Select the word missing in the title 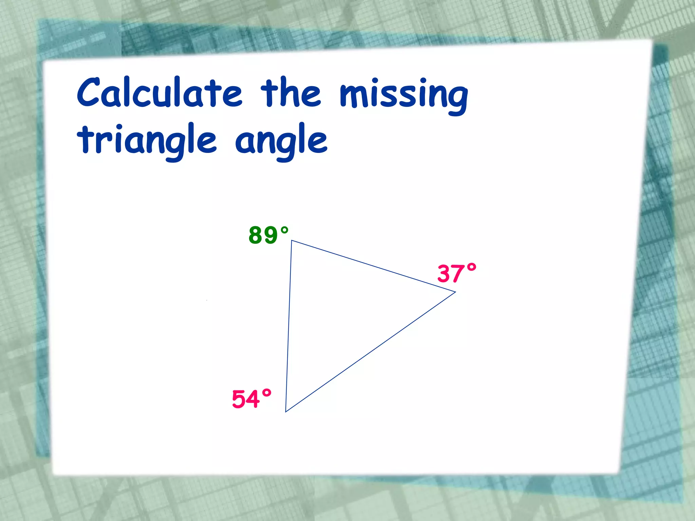click(404, 95)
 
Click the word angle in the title click(281, 141)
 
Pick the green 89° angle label click(268, 235)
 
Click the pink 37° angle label click(457, 273)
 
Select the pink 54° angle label click(251, 399)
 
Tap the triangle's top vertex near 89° click(292, 240)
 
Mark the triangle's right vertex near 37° click(455, 292)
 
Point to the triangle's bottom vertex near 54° click(286, 412)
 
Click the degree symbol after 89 click(284, 231)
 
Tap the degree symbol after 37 click(471, 268)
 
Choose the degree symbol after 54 click(266, 393)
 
